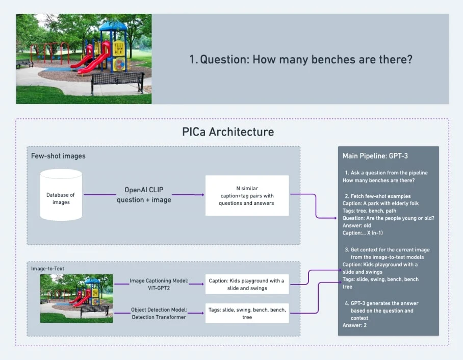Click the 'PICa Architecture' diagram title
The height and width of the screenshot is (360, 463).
click(228, 132)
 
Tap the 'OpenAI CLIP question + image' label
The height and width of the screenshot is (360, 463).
click(144, 194)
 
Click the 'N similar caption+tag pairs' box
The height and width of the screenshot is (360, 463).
click(247, 196)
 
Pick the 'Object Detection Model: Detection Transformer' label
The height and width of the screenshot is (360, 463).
click(160, 313)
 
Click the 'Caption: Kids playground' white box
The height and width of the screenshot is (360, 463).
click(247, 285)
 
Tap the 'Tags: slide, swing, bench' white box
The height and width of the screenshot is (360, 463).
click(247, 313)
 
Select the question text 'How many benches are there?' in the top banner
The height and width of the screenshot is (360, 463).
click(300, 59)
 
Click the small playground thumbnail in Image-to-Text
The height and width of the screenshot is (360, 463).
click(76, 298)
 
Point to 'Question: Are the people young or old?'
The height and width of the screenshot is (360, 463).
click(388, 218)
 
